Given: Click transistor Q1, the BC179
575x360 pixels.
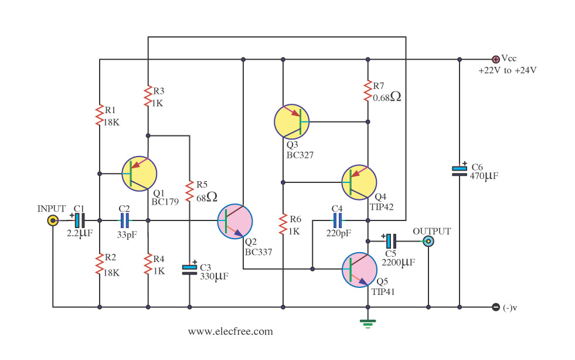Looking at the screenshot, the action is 140,174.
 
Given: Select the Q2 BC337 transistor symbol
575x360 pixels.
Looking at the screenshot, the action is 234,222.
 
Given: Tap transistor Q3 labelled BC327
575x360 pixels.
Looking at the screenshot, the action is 292,122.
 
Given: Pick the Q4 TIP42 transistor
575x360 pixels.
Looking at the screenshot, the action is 359,182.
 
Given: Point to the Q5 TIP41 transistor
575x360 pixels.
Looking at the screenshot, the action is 359,270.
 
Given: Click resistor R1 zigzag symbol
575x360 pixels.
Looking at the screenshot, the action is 100,116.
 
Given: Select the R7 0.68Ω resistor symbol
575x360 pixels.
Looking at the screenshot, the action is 368,91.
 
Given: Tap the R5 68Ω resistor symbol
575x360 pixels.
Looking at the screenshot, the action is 189,191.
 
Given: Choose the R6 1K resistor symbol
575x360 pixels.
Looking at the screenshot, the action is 283,225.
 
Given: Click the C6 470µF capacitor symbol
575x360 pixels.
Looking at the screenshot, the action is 460,171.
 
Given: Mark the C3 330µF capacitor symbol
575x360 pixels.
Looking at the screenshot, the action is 189,270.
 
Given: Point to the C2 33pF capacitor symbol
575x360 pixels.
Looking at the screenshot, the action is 125,220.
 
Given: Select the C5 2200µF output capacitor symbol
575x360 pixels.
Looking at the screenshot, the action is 390,241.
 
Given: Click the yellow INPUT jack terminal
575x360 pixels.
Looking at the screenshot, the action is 53,220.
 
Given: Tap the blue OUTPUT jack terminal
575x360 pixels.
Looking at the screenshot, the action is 428,241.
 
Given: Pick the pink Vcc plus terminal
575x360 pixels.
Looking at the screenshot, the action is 496,59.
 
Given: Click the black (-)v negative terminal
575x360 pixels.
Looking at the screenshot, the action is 496,307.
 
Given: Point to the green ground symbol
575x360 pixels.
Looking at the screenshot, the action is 368,323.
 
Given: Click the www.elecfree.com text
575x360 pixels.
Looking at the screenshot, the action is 230,331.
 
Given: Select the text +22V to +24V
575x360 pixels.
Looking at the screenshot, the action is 507,70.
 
